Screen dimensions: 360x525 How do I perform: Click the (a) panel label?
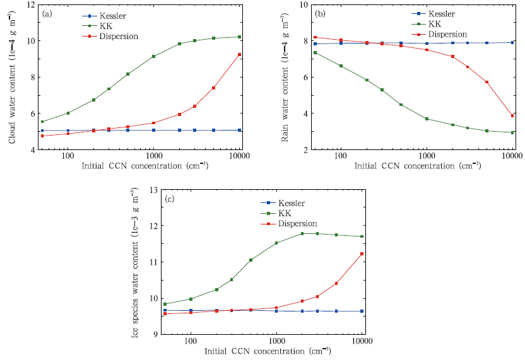tap(47, 13)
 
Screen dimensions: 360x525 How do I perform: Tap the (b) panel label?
tap(321, 13)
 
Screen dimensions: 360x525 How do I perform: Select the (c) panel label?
tap(170, 199)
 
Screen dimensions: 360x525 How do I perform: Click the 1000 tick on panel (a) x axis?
tap(153, 158)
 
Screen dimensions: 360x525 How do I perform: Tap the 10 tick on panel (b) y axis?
tap(305, 4)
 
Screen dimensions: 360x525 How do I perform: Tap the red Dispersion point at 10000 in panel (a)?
tap(239, 54)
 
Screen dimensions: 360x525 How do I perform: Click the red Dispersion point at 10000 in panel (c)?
tap(362, 253)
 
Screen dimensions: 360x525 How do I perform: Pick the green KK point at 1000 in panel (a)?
tap(153, 56)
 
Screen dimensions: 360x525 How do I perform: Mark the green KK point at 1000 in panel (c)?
tap(276, 243)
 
